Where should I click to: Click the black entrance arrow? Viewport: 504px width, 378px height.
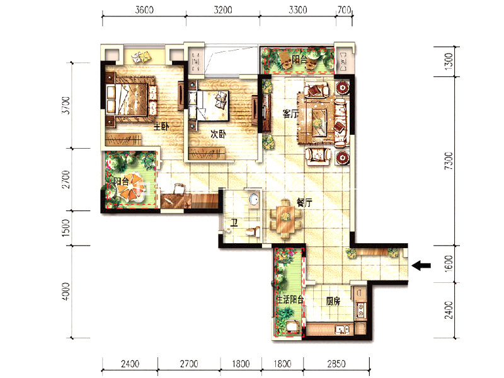(x=421, y=265)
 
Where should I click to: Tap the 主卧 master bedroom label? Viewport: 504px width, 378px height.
(x=161, y=127)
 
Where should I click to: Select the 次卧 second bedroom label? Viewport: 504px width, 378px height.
(x=218, y=134)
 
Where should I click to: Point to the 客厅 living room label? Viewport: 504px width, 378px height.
(x=290, y=113)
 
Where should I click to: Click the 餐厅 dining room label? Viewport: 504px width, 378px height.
(x=304, y=202)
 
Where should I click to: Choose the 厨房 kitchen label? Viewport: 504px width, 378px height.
(x=333, y=301)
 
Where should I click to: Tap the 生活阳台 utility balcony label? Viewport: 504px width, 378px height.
(x=290, y=300)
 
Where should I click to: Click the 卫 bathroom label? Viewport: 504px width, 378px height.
(x=234, y=222)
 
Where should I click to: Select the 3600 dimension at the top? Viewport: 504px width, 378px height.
(x=144, y=9)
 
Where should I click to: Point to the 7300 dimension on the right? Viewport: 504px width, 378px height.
(x=449, y=161)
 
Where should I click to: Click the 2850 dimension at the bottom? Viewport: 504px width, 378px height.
(x=336, y=364)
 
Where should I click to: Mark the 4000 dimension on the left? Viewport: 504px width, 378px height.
(x=66, y=292)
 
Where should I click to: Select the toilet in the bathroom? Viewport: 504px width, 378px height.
(x=253, y=231)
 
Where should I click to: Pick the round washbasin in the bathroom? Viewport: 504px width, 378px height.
(x=255, y=198)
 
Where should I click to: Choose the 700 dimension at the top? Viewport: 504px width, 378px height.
(x=344, y=9)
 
